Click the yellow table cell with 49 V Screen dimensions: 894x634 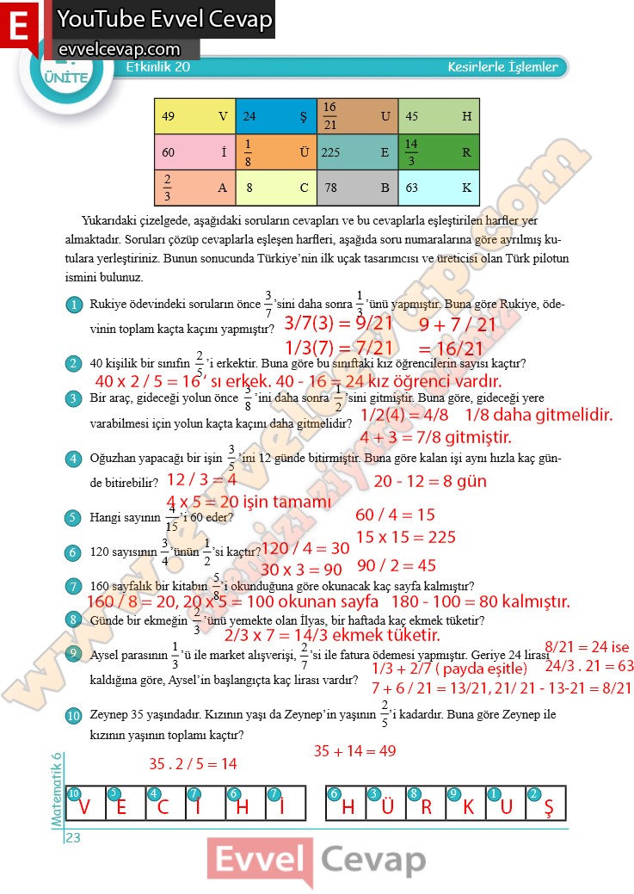point(194,116)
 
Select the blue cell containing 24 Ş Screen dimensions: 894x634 point(275,116)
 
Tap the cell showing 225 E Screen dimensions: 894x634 point(357,152)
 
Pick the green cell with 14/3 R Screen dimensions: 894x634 point(439,152)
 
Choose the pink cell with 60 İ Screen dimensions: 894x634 point(194,152)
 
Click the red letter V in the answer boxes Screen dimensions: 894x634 point(84,808)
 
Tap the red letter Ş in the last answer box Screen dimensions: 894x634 point(549,808)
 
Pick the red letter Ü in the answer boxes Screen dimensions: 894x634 point(387,808)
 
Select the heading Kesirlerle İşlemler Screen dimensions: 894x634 point(503,67)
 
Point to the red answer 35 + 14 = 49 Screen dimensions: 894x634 point(354,751)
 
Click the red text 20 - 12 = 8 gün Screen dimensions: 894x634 point(430,481)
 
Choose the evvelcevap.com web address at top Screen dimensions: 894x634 point(119,50)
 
